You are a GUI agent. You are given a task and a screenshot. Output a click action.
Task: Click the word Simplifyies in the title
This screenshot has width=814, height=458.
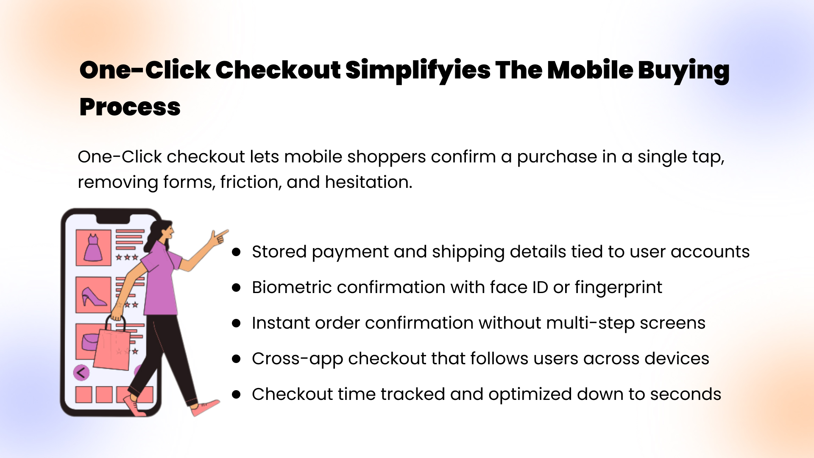click(x=418, y=70)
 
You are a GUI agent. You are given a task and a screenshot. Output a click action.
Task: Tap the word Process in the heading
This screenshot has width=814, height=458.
click(x=130, y=107)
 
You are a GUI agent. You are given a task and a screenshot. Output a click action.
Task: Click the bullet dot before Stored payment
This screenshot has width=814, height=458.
click(x=236, y=252)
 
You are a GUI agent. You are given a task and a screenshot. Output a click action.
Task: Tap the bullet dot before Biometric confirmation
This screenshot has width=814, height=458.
click(x=236, y=288)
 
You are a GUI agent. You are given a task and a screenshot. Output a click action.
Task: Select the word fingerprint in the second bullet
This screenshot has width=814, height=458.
click(x=618, y=288)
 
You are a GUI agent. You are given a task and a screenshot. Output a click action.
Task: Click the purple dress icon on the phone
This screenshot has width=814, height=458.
click(x=93, y=248)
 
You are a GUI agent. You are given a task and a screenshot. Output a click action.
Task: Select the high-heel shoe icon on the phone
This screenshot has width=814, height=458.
click(x=94, y=296)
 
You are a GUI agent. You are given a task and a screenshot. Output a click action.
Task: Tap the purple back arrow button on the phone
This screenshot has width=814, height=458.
click(x=81, y=373)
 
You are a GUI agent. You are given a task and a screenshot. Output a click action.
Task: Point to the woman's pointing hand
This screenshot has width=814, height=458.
click(x=219, y=237)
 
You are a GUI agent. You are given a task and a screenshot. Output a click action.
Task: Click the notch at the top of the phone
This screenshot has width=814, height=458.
click(x=113, y=219)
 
